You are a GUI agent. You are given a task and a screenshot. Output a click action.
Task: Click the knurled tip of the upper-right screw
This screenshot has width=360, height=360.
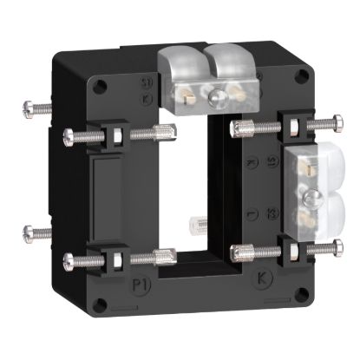click(235, 128)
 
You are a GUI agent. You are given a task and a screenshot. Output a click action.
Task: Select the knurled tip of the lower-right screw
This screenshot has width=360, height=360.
click(235, 252)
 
